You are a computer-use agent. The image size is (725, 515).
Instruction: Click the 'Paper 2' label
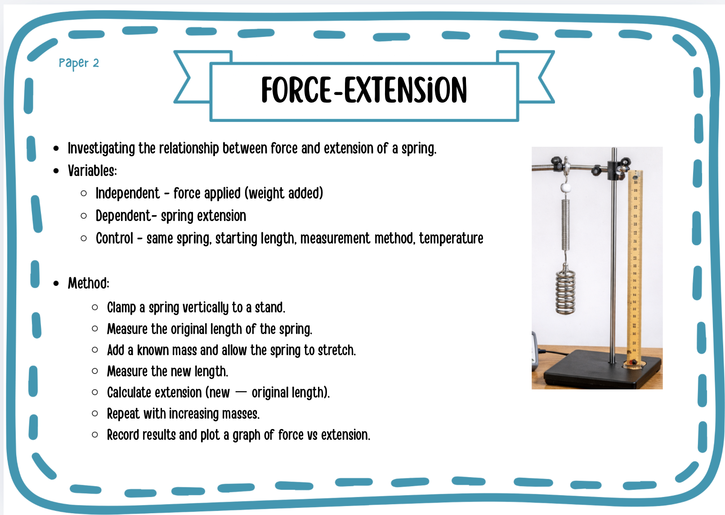(x=79, y=63)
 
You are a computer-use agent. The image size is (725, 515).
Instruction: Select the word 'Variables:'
(x=92, y=171)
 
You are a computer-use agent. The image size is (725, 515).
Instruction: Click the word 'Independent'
(x=128, y=194)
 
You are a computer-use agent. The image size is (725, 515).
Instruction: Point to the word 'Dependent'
(x=123, y=216)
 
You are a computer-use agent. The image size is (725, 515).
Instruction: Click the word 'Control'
(x=114, y=239)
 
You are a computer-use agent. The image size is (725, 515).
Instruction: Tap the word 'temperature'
(x=451, y=239)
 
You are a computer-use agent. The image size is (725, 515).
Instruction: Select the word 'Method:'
(x=88, y=283)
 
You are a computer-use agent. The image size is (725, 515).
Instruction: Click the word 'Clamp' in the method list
(x=121, y=308)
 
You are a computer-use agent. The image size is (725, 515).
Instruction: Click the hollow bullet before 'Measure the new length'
(x=95, y=371)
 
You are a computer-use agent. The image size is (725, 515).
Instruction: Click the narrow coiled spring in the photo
(x=565, y=225)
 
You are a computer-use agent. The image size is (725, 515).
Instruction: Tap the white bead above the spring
(x=565, y=188)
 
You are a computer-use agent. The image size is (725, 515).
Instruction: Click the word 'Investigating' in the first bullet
(x=101, y=149)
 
